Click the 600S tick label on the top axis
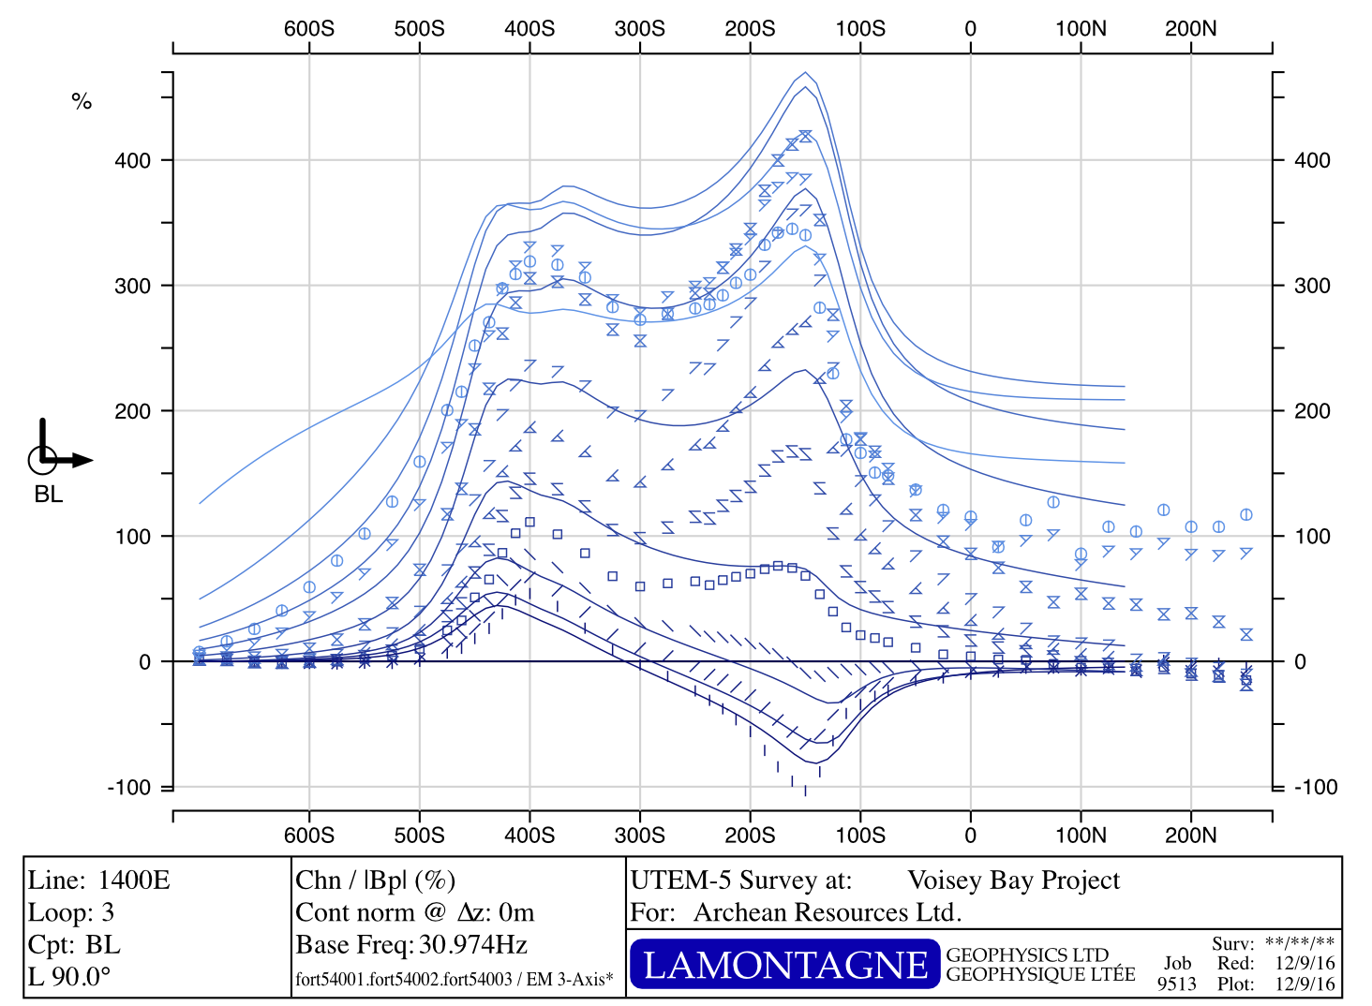(308, 28)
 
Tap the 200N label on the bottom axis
(1190, 835)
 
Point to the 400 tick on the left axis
(132, 161)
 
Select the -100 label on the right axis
(1316, 787)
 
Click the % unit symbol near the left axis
(82, 101)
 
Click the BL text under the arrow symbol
(49, 494)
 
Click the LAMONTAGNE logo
(784, 965)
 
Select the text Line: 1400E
(99, 880)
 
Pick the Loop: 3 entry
(71, 912)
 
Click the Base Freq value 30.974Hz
(473, 944)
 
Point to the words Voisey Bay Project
(1013, 880)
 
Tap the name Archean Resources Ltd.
(828, 912)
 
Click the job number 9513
(1176, 984)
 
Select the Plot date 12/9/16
(1305, 984)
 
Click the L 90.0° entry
(69, 977)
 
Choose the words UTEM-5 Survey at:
(741, 880)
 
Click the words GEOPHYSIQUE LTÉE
(1040, 975)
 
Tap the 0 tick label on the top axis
(970, 28)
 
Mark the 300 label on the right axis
(1312, 286)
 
